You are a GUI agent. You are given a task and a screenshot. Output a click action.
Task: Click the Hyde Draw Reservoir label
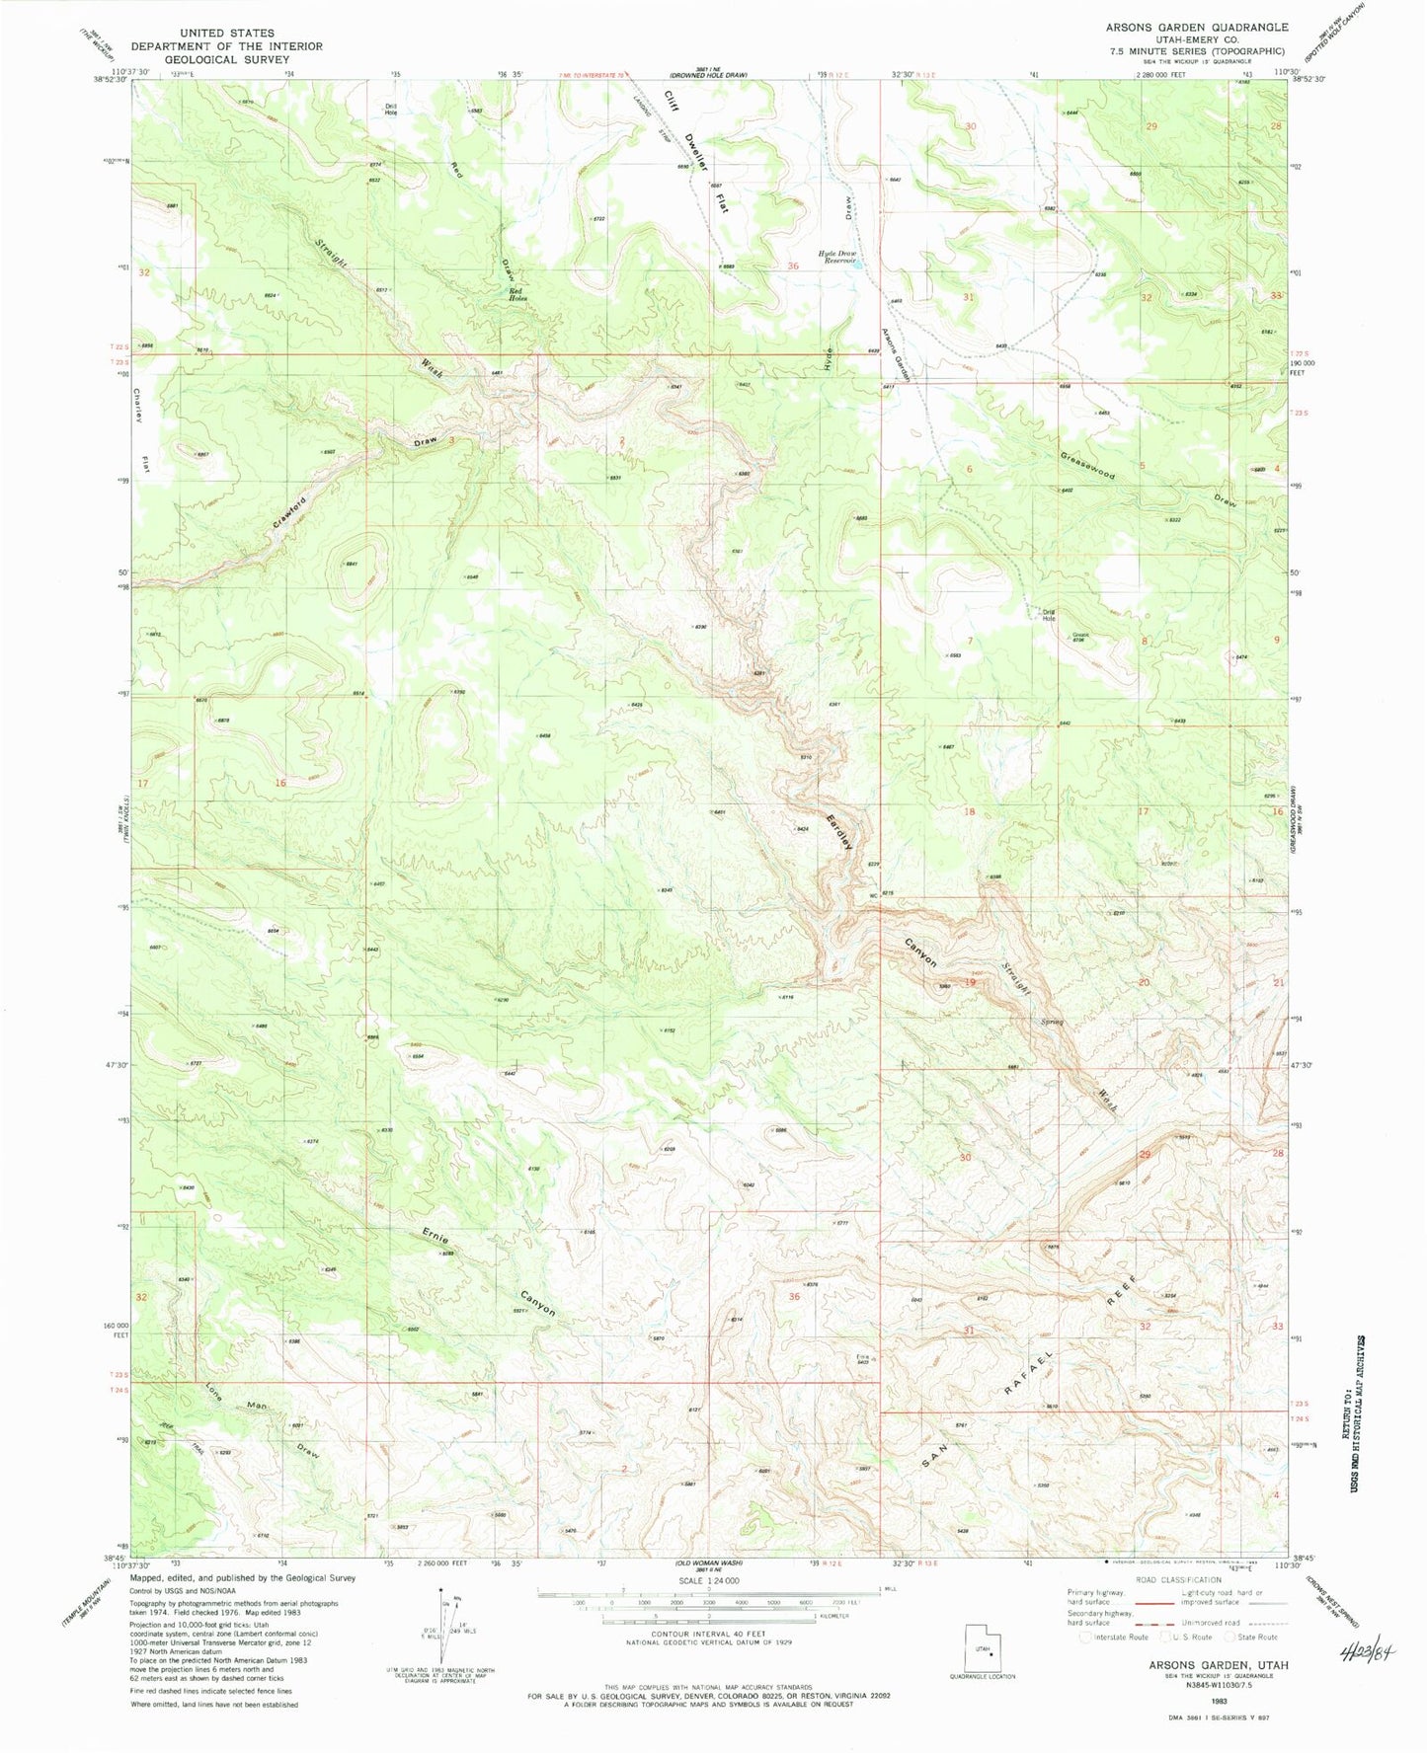click(835, 257)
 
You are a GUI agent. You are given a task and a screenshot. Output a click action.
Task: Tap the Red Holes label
click(518, 294)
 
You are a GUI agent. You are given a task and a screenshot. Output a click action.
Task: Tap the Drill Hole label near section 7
click(1049, 615)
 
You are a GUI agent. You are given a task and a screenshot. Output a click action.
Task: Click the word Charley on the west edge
click(139, 407)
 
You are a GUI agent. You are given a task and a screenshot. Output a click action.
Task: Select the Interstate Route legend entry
click(1114, 1637)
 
